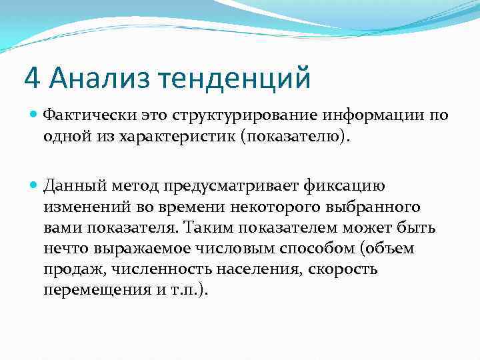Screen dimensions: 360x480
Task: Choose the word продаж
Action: click(x=66, y=269)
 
